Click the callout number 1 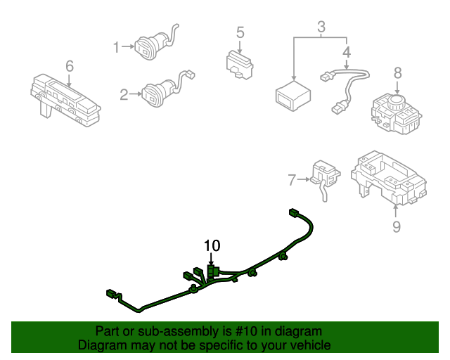117,47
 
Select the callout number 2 124,94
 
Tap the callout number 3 321,28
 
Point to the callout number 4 346,52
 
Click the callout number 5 240,32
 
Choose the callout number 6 70,66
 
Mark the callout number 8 397,72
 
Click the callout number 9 396,226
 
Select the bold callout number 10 212,245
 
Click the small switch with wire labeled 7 325,174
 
